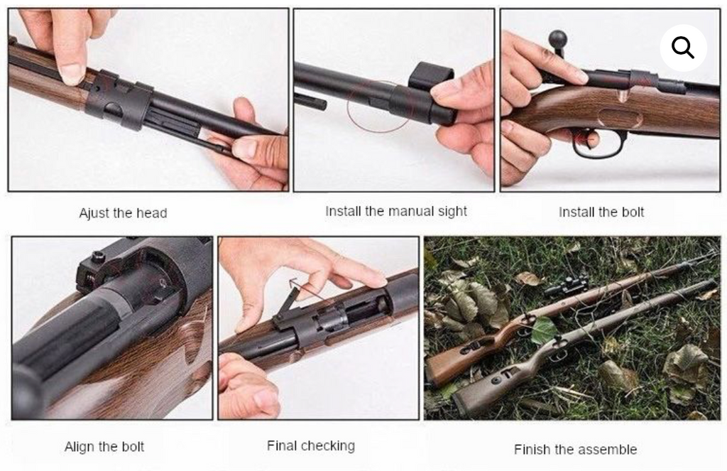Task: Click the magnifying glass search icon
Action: (683, 48)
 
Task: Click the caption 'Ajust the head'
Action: (123, 213)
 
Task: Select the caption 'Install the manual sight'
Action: (396, 211)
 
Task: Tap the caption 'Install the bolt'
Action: (601, 212)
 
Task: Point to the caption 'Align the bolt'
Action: (104, 447)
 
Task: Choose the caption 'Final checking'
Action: (310, 446)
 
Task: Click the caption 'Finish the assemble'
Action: (575, 449)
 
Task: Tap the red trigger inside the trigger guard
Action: (586, 136)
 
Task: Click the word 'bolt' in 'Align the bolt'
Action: (133, 447)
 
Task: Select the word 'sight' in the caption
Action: (451, 211)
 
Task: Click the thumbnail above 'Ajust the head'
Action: (148, 99)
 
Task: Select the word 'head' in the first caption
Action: (152, 213)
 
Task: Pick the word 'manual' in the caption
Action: (408, 211)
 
